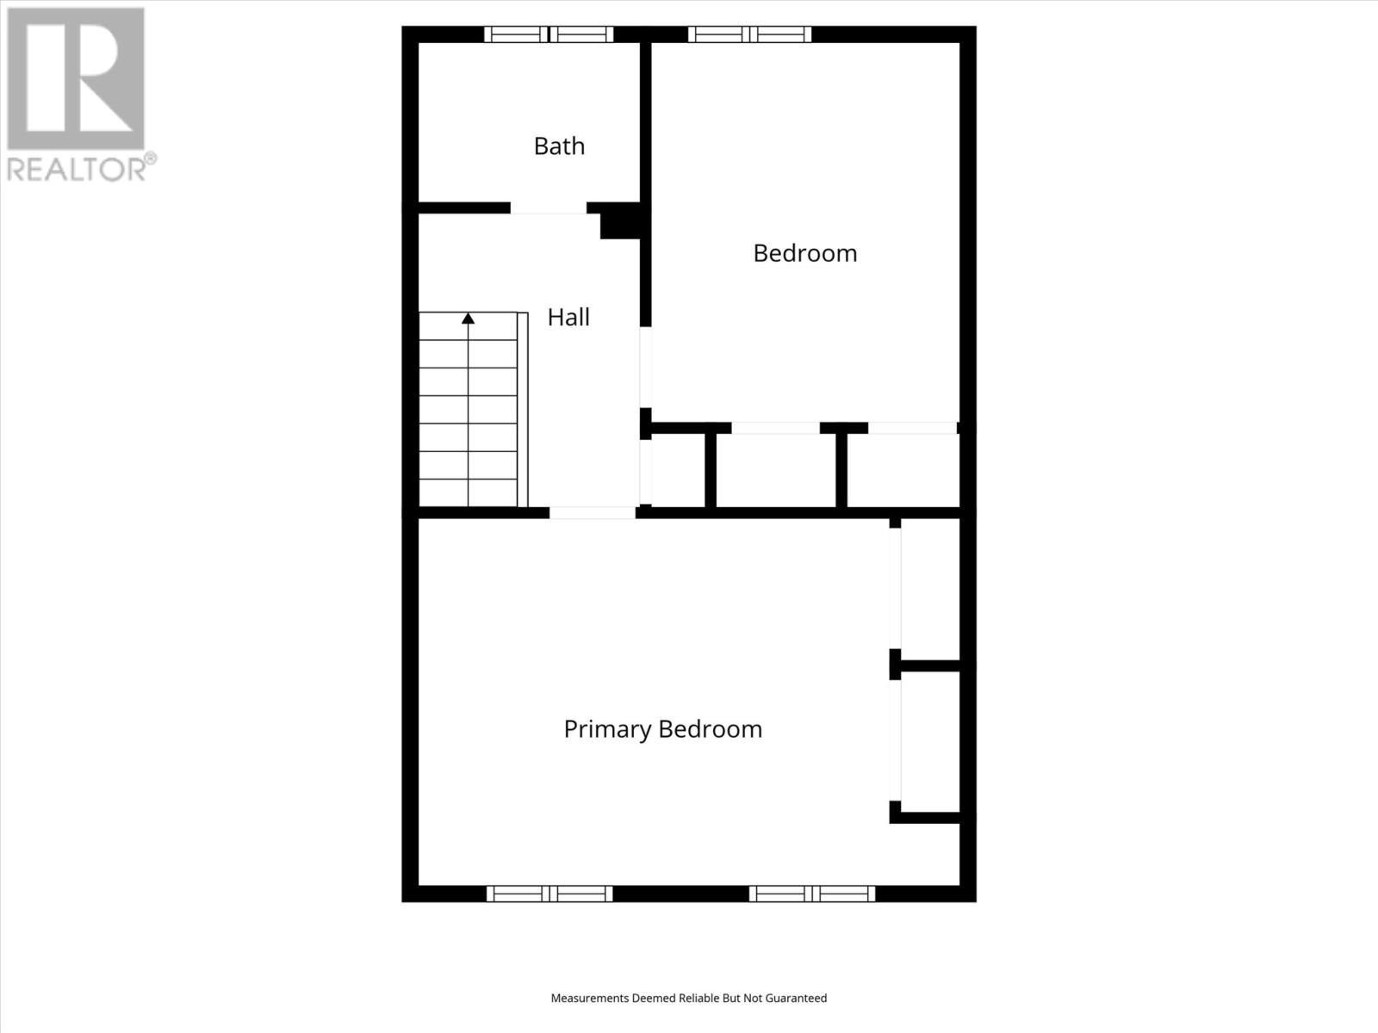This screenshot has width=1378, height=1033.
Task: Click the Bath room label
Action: pyautogui.click(x=559, y=146)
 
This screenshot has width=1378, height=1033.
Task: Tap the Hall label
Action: pyautogui.click(x=568, y=318)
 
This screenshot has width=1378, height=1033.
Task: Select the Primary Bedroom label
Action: pyautogui.click(x=662, y=729)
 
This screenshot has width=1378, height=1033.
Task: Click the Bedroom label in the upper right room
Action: pyautogui.click(x=804, y=253)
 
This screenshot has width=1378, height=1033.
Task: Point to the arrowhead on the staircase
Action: pyautogui.click(x=468, y=319)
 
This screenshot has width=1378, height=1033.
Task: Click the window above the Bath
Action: pyautogui.click(x=549, y=34)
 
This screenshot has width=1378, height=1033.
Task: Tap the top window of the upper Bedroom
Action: pyautogui.click(x=749, y=34)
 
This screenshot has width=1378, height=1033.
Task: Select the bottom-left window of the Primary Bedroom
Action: pyautogui.click(x=549, y=894)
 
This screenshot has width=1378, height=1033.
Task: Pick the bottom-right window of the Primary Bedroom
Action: pyautogui.click(x=811, y=894)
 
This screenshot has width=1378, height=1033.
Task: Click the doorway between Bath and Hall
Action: pyautogui.click(x=549, y=208)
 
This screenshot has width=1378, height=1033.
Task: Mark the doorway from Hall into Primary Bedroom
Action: pyautogui.click(x=593, y=512)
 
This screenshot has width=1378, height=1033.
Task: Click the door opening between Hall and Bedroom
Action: pyautogui.click(x=645, y=368)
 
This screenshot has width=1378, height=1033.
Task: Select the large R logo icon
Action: pyautogui.click(x=76, y=78)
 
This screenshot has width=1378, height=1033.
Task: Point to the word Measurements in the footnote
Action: pyautogui.click(x=590, y=999)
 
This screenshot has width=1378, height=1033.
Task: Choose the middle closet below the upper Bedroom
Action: pyautogui.click(x=775, y=470)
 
